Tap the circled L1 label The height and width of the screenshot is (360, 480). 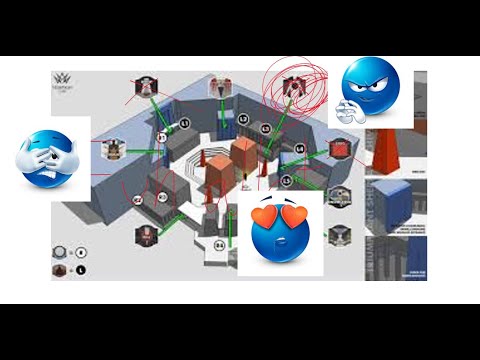click(185, 124)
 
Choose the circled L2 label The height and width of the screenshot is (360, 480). click(243, 118)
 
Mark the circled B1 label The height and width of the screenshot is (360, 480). click(163, 137)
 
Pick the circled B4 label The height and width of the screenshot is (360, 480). click(220, 243)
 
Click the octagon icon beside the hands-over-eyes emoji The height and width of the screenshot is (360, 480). click(113, 150)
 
